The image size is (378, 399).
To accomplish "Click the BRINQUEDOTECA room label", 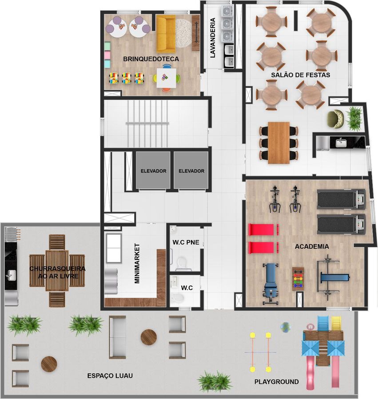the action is [151, 59].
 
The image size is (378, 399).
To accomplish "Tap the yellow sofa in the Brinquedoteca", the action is [166, 34].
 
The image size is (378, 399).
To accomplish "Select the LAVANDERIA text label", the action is [213, 38].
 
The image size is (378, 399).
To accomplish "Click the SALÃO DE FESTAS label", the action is [301, 75].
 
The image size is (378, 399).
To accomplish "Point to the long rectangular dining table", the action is [279, 143].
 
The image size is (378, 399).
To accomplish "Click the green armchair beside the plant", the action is [335, 118].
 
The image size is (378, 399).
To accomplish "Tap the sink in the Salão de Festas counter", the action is [341, 143].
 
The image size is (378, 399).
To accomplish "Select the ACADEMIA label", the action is [312, 246].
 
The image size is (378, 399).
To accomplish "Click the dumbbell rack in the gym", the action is [298, 279].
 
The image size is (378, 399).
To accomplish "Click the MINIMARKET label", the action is [137, 263].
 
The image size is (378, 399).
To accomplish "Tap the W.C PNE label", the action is [186, 243].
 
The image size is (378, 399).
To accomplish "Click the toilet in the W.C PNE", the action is [181, 263].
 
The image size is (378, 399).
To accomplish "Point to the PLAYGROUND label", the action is [277, 382].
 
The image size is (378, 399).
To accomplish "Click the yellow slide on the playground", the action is [336, 323].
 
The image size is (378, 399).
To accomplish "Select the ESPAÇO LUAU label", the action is [110, 376].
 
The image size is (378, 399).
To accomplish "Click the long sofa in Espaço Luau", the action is [117, 337].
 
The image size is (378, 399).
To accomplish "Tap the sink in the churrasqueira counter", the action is [11, 275].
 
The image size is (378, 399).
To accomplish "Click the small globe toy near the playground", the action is [285, 327].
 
